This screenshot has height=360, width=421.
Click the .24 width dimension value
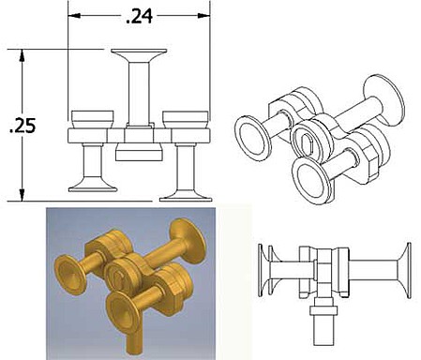click(x=139, y=16)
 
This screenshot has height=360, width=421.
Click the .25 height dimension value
click(x=23, y=126)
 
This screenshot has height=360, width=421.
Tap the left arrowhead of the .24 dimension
click(x=74, y=15)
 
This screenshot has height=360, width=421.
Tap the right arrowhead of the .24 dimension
click(x=204, y=15)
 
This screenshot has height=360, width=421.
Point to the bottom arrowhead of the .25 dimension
click(x=22, y=195)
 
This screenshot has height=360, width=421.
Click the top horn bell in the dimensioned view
click(x=139, y=55)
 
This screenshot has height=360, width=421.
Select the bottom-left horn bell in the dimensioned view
click(x=93, y=186)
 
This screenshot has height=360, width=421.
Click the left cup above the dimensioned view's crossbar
click(x=92, y=119)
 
